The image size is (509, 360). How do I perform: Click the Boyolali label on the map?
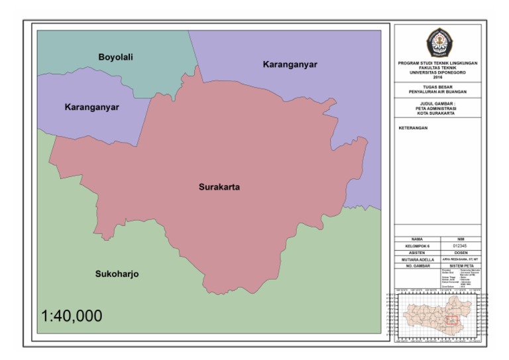[x=116, y=58]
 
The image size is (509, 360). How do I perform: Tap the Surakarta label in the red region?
[x=219, y=188]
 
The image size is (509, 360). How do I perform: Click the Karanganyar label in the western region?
[x=91, y=107]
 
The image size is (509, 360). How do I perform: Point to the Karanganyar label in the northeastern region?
[x=290, y=65]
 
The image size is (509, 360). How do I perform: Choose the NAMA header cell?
[x=416, y=238]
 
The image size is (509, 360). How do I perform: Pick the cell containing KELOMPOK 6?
[x=416, y=245]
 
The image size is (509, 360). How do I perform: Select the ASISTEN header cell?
[x=416, y=253]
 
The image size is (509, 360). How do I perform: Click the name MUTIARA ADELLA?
[x=416, y=259]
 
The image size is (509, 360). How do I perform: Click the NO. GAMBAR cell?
[x=416, y=266]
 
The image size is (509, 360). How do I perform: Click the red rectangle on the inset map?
[x=453, y=320]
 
